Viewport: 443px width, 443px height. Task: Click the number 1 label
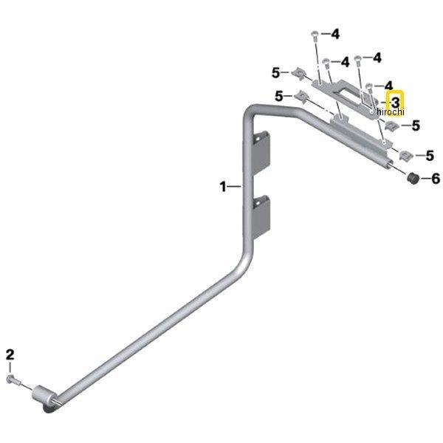pyautogui.click(x=223, y=187)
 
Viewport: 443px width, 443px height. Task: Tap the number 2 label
pyautogui.click(x=10, y=355)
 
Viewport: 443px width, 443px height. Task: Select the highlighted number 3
pyautogui.click(x=395, y=102)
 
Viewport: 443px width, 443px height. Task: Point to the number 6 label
pyautogui.click(x=436, y=179)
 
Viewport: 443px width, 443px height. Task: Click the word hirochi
pyautogui.click(x=390, y=112)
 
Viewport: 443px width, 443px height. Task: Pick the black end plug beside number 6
pyautogui.click(x=413, y=178)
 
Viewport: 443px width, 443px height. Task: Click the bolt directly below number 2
pyautogui.click(x=13, y=380)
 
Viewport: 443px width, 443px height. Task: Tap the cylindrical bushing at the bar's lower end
pyautogui.click(x=45, y=396)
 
